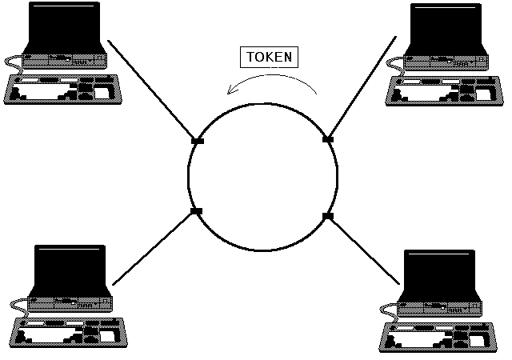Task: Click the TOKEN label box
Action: tap(270, 58)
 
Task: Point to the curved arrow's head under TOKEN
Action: tap(230, 90)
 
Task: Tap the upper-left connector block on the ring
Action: tap(198, 141)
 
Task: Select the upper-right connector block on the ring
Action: tap(327, 139)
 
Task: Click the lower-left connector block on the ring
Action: tap(196, 211)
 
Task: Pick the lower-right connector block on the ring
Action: tap(326, 216)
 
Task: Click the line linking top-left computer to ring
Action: tap(152, 90)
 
